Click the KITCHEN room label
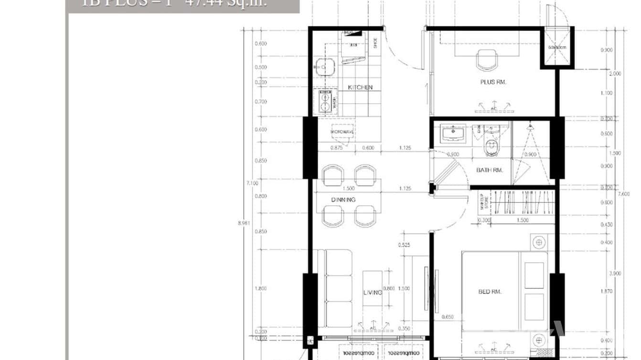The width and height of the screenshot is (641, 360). [360, 87]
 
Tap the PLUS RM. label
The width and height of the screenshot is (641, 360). [493, 82]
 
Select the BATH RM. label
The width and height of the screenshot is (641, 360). [490, 170]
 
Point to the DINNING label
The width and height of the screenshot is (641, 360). [343, 200]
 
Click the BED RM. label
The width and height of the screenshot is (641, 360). [490, 292]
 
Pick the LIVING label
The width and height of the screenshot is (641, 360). [372, 292]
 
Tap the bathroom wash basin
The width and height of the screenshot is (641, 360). [453, 133]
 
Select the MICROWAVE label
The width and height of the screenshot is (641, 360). [342, 132]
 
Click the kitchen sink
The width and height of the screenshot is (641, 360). [325, 67]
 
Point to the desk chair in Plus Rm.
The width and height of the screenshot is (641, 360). [487, 60]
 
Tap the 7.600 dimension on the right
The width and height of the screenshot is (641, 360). [623, 194]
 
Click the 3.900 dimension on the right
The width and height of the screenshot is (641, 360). [616, 274]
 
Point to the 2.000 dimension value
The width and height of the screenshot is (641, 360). [616, 74]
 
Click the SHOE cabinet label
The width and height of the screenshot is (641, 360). [375, 43]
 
